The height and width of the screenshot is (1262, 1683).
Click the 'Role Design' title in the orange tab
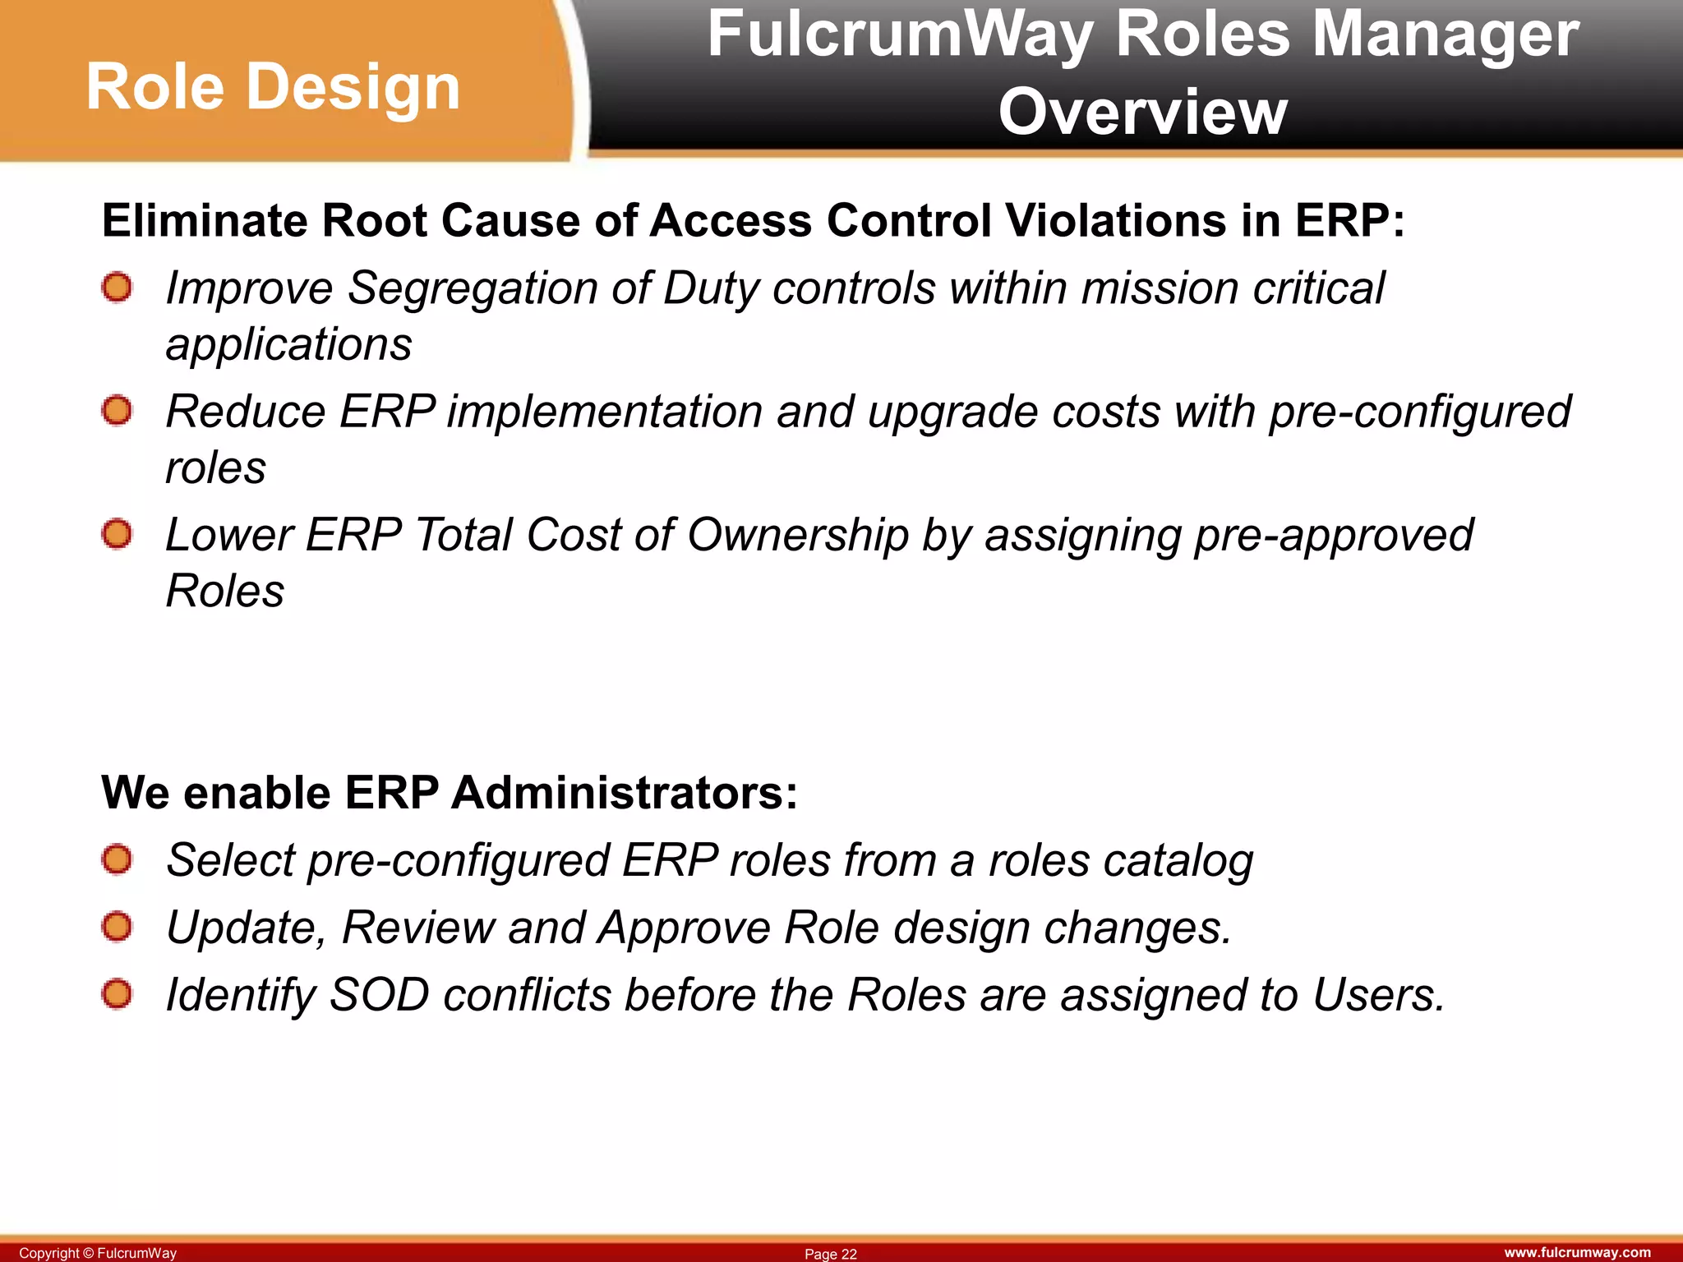pyautogui.click(x=273, y=87)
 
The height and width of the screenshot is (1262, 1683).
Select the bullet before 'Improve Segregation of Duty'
pyautogui.click(x=117, y=288)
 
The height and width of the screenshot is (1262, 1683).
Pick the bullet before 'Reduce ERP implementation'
pyautogui.click(x=117, y=411)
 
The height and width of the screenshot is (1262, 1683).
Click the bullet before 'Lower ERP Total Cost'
pyautogui.click(x=117, y=535)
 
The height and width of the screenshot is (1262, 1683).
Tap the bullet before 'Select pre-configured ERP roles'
pyautogui.click(x=117, y=860)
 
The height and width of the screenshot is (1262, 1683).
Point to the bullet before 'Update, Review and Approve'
pyautogui.click(x=117, y=928)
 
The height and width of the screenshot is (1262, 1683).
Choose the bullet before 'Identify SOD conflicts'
pyautogui.click(x=117, y=995)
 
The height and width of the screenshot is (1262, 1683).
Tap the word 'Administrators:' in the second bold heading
pyautogui.click(x=625, y=793)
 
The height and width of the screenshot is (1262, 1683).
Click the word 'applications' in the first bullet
pyautogui.click(x=288, y=345)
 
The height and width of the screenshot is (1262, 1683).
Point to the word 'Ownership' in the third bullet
pyautogui.click(x=797, y=536)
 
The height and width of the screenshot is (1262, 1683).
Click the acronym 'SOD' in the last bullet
pyautogui.click(x=379, y=995)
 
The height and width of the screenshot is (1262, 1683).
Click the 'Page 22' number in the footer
pyautogui.click(x=830, y=1254)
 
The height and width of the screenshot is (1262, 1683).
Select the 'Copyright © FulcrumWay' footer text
pyautogui.click(x=98, y=1253)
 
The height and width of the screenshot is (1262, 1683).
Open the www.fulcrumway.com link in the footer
pyautogui.click(x=1577, y=1252)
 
